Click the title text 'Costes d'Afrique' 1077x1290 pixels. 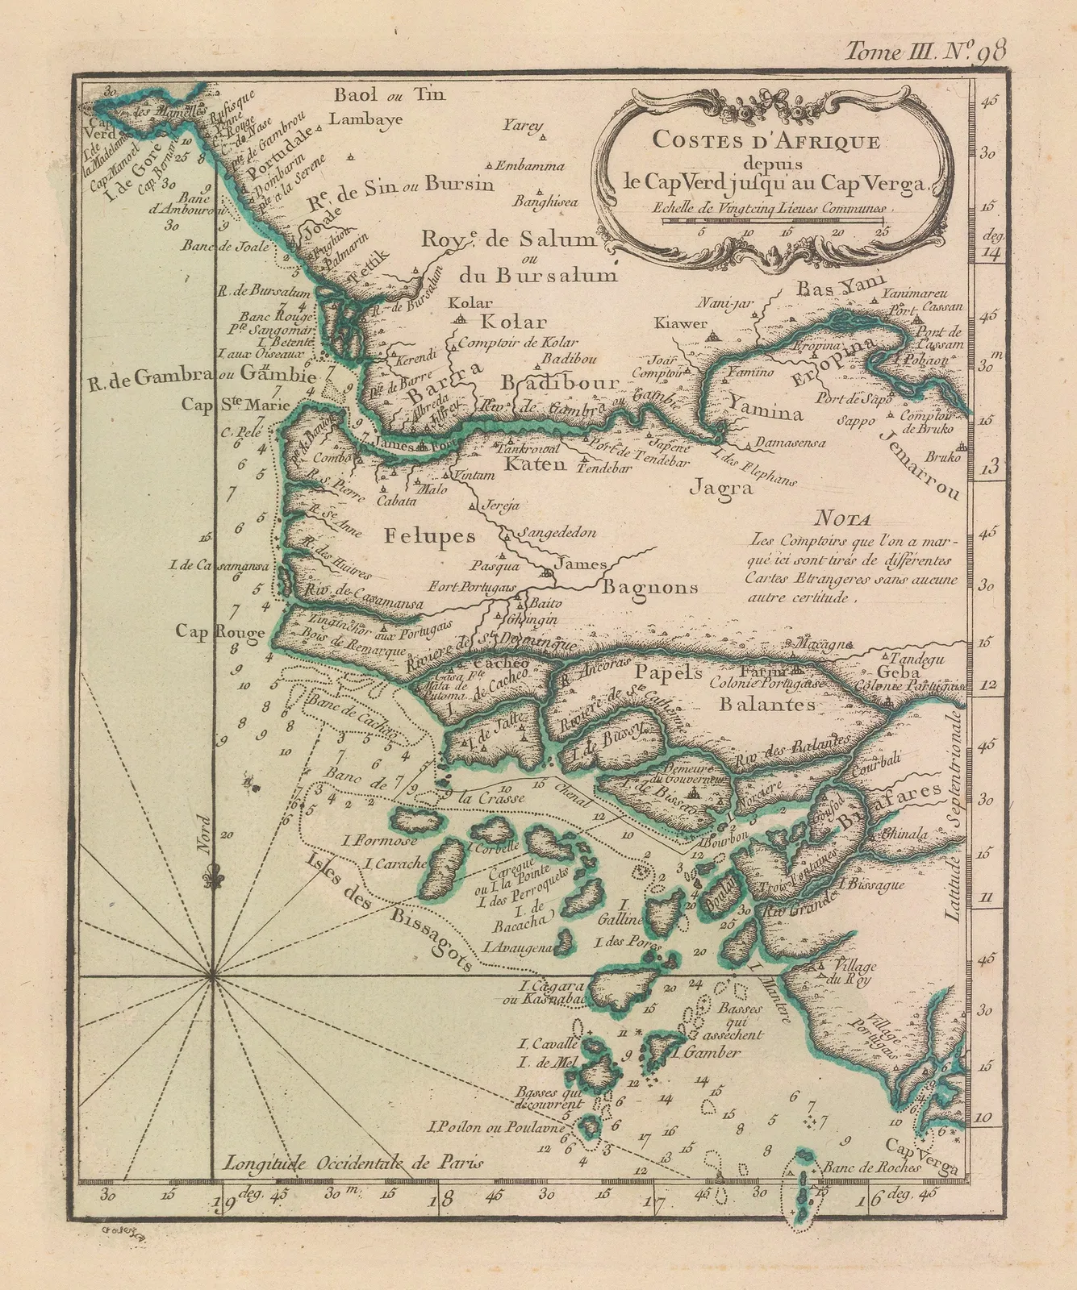[766, 140]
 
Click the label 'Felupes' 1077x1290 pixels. [429, 535]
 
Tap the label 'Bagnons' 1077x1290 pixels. [649, 587]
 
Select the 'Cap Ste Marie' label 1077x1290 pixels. [235, 405]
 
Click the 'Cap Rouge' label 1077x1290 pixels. [220, 633]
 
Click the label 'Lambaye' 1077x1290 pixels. [367, 119]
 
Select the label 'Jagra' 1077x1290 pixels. [720, 487]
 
